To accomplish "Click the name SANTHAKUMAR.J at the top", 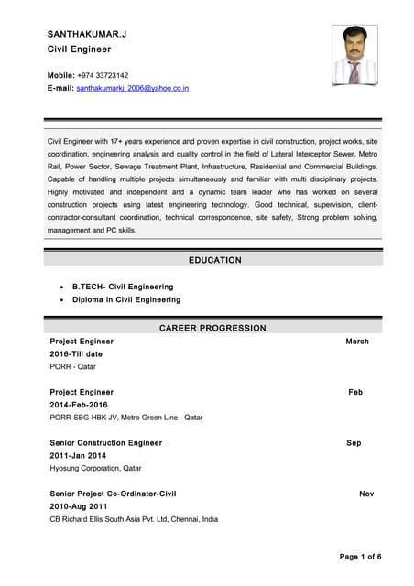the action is [x=87, y=34].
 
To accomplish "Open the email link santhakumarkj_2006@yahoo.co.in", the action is [x=132, y=88].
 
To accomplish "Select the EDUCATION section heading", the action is [x=214, y=260].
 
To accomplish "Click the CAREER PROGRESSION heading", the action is [x=212, y=328].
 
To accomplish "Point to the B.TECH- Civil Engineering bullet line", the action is [x=122, y=287].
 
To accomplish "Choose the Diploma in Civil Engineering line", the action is [x=125, y=299].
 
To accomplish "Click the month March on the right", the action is [x=357, y=342].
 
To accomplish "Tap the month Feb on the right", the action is [x=355, y=392].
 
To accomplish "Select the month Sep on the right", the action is [x=354, y=443].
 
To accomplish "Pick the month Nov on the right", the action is [x=366, y=494].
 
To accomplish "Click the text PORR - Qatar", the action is [x=72, y=366].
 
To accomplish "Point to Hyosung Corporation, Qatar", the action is [x=95, y=468].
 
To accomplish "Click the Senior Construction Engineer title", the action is [x=105, y=443].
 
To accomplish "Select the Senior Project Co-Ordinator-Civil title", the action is [x=113, y=494].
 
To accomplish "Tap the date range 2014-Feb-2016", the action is [x=79, y=405].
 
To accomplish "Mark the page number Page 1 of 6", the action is [x=360, y=557].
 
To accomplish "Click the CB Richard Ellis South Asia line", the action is [x=134, y=519].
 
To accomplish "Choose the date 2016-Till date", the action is [x=76, y=353].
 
